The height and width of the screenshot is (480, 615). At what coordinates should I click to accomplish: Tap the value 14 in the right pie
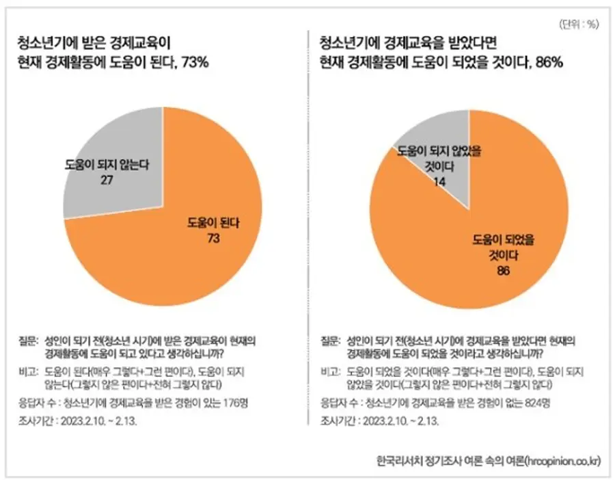click(x=440, y=183)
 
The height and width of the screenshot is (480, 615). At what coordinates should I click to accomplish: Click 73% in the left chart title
click(x=195, y=64)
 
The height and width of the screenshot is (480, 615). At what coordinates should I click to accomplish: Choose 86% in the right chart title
click(x=548, y=64)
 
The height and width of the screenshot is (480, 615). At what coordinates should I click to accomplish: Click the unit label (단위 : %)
click(x=578, y=25)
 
